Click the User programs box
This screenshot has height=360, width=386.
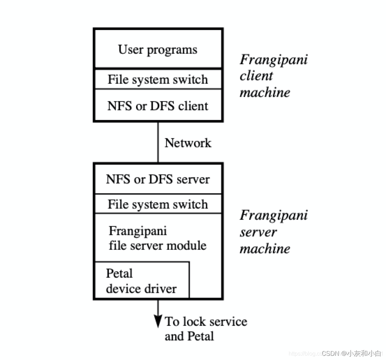[158, 49]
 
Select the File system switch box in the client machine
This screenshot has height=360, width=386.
[158, 79]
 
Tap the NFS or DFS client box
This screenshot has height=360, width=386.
[158, 106]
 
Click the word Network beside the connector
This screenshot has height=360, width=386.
[188, 143]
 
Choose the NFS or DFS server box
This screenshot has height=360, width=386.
[158, 179]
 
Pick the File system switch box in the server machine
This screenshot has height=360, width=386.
[158, 204]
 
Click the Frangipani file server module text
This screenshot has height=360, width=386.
[157, 238]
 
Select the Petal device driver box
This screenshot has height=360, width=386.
[141, 281]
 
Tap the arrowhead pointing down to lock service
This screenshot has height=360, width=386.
[158, 321]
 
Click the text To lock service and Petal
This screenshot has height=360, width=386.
[206, 329]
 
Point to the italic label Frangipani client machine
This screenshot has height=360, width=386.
[273, 76]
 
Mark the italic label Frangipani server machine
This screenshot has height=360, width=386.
[273, 232]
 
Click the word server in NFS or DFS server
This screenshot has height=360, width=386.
[194, 179]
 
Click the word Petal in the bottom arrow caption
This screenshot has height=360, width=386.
[201, 336]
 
